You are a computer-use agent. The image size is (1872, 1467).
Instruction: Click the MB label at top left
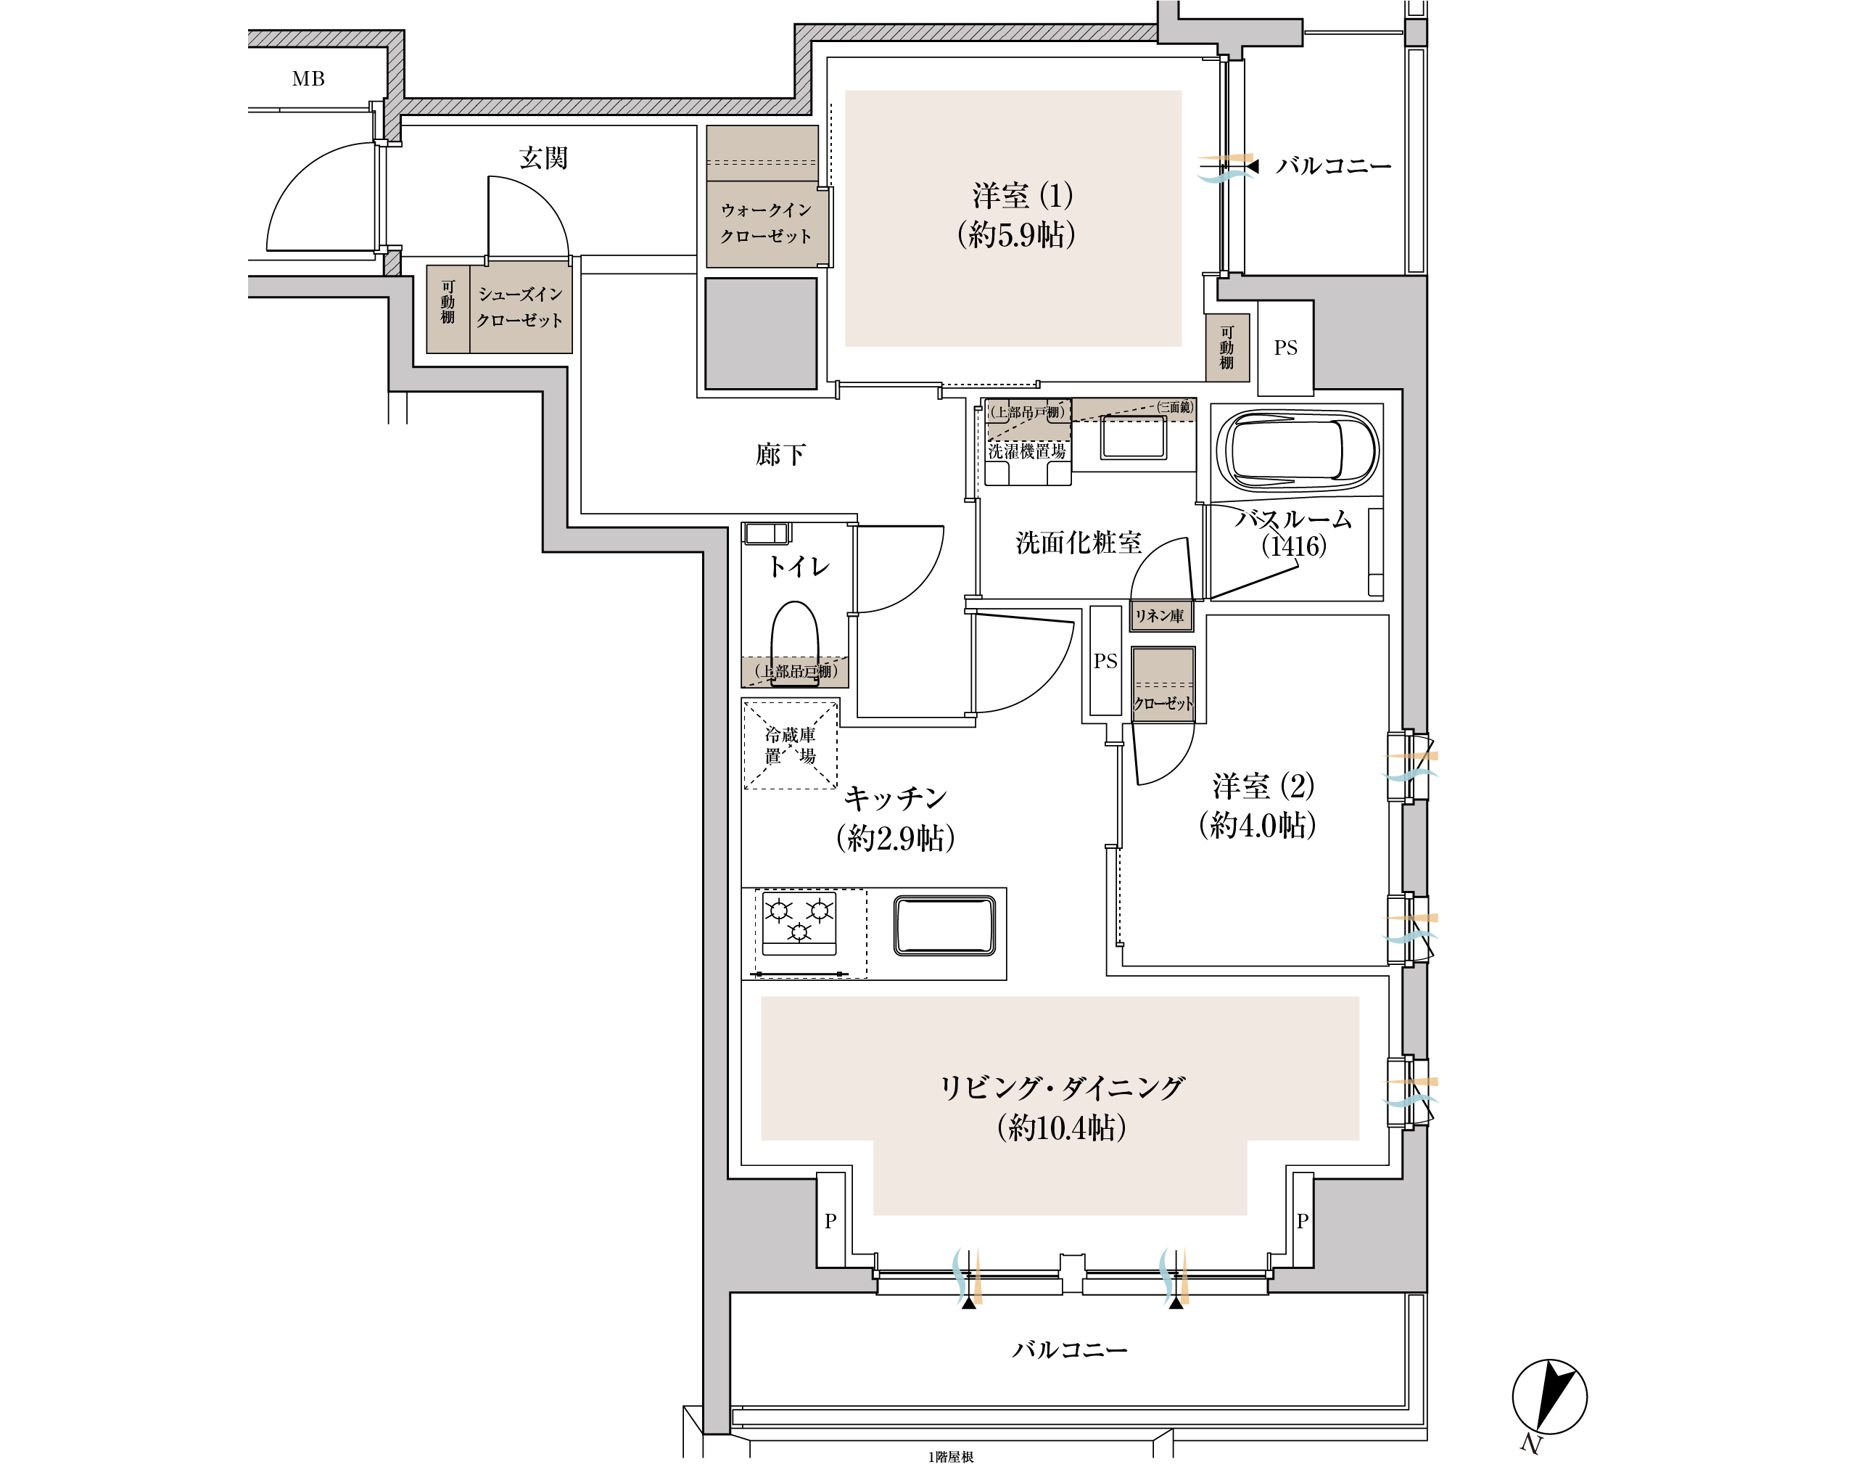[x=308, y=79]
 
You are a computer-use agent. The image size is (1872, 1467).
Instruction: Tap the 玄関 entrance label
[x=543, y=158]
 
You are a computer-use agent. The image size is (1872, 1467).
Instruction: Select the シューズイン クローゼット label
[x=519, y=307]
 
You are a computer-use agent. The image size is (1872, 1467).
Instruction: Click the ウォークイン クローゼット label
[x=765, y=223]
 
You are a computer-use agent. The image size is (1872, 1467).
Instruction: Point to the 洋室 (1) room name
[x=1022, y=196]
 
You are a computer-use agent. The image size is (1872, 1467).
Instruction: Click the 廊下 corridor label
[x=780, y=454]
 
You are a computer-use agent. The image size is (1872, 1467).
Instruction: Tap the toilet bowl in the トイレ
[x=794, y=640]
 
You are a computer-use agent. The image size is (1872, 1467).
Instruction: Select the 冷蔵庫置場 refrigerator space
[x=790, y=744]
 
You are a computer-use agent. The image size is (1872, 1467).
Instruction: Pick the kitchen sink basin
[x=944, y=925]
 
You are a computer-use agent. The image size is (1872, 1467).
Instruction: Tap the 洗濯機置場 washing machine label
[x=1026, y=451]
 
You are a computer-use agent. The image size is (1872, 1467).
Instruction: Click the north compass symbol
[x=1549, y=1397]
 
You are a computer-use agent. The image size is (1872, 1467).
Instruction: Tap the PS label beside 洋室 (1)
[x=1285, y=348]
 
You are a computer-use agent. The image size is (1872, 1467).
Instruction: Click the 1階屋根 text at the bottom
[x=951, y=1457]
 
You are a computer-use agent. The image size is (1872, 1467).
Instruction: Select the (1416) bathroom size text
[x=1293, y=546]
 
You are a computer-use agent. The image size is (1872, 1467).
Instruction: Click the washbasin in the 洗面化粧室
[x=1134, y=438]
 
